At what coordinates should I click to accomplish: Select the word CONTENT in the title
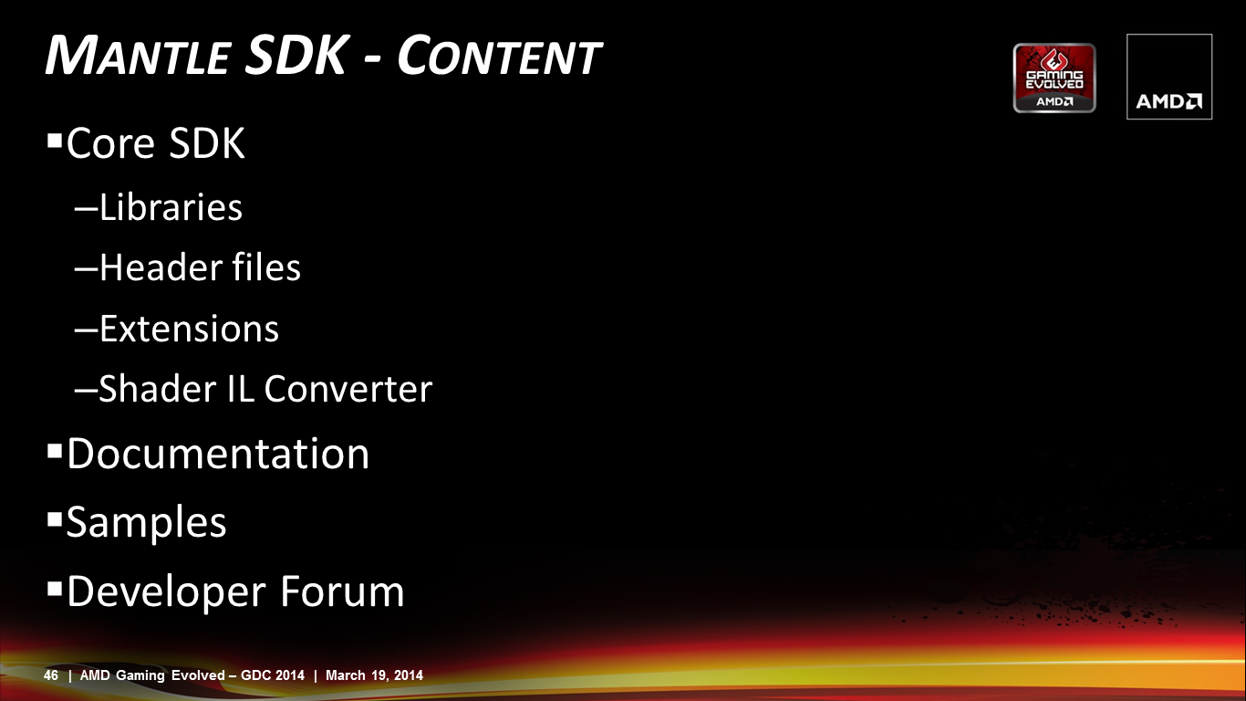pos(499,55)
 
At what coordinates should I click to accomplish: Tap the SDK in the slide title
pos(296,55)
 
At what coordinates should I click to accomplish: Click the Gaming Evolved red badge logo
pos(1054,78)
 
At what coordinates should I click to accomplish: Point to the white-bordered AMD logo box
pos(1169,77)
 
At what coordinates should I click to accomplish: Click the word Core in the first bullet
pos(110,143)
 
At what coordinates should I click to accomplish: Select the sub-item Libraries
pos(171,207)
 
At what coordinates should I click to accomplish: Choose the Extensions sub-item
pos(189,329)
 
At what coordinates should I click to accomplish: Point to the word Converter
pos(348,389)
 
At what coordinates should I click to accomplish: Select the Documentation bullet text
pos(218,454)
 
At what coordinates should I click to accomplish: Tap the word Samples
pos(146,523)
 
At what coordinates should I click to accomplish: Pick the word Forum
pos(342,591)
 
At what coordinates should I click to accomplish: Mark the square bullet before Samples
pos(55,519)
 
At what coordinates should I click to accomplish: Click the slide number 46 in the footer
pos(50,675)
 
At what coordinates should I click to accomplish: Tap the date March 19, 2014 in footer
pos(374,675)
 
